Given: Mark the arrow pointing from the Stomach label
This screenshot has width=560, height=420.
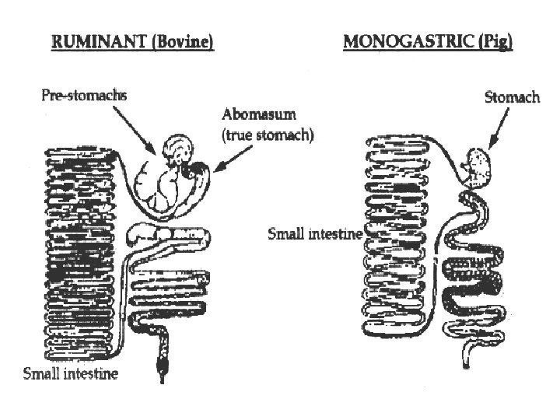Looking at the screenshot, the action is (x=496, y=128).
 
